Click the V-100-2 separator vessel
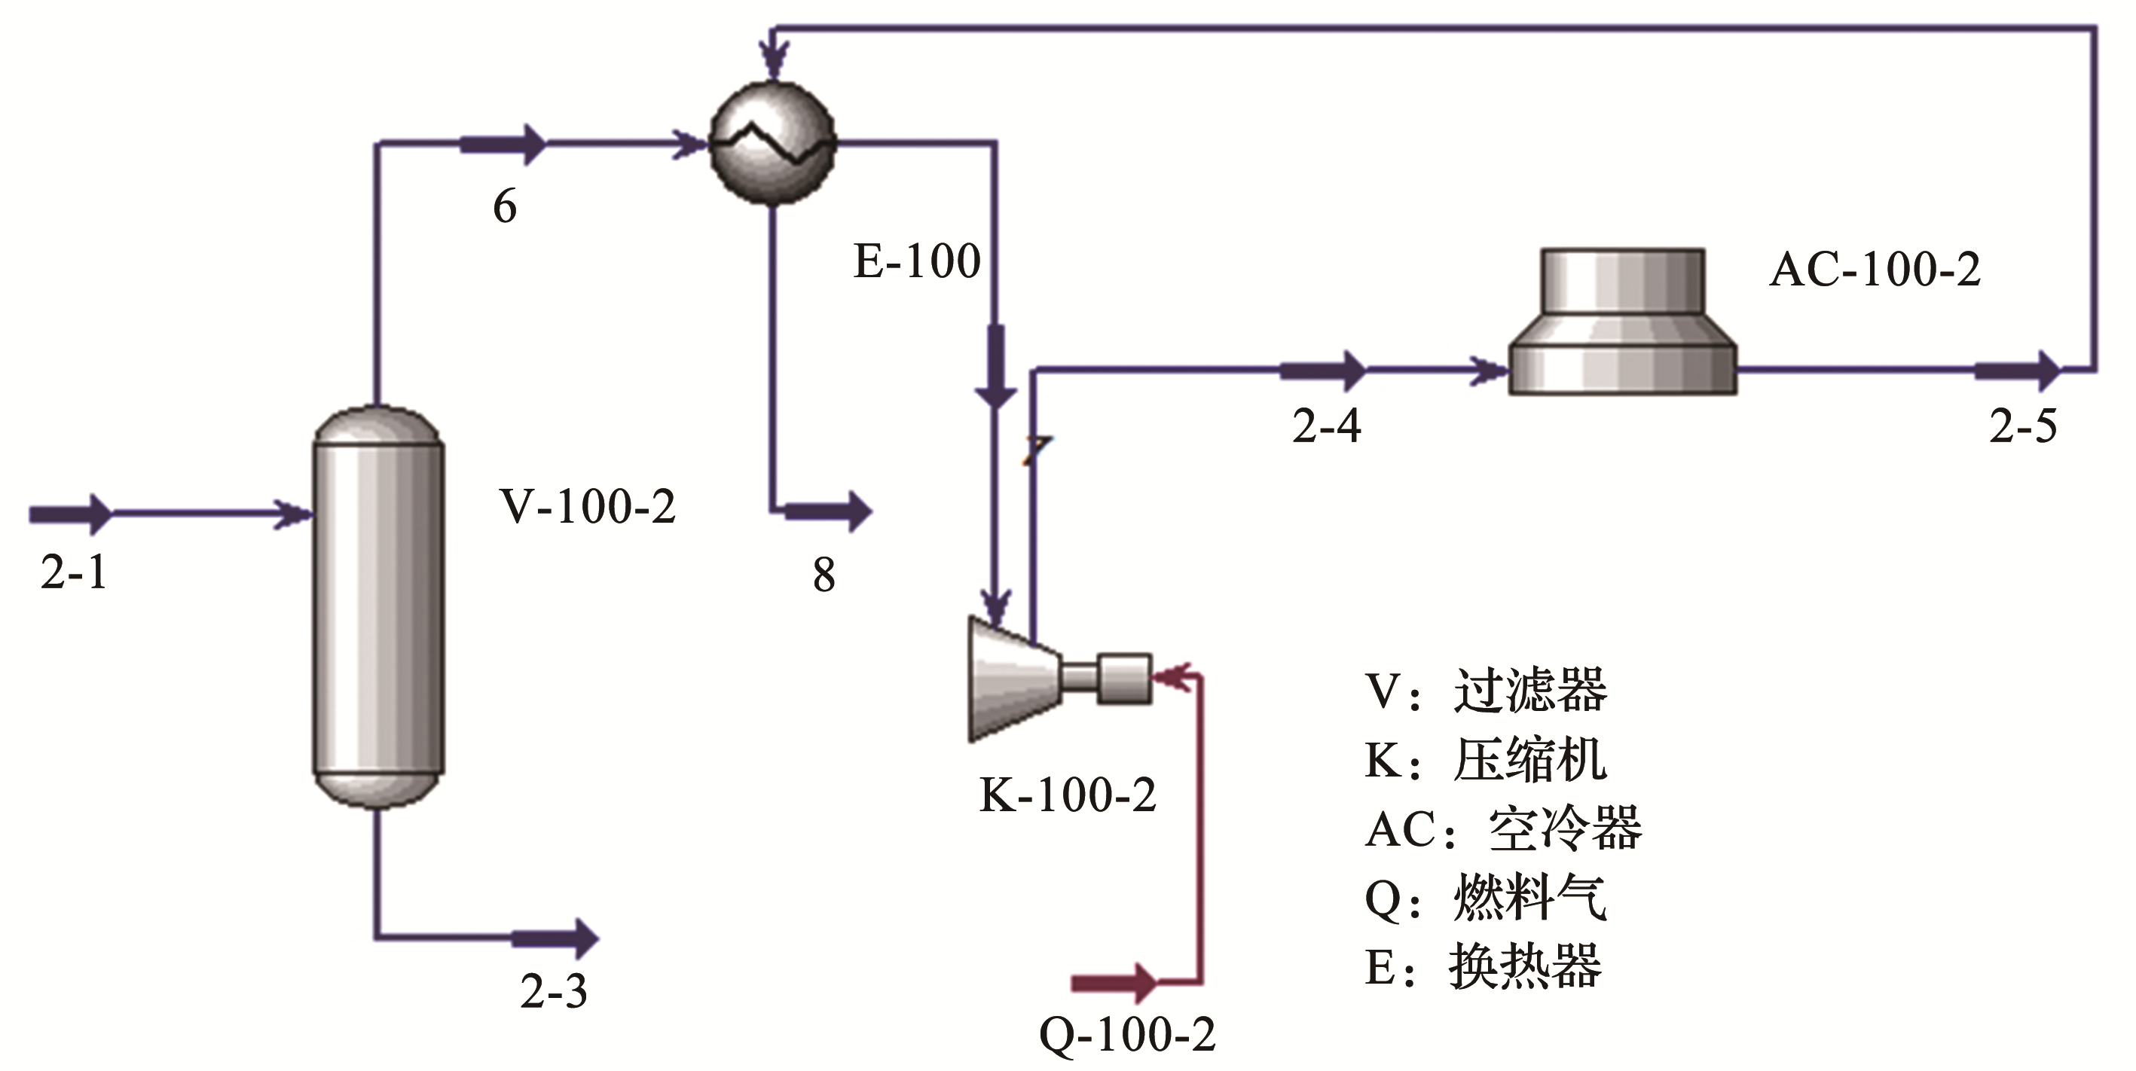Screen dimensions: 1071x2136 [378, 607]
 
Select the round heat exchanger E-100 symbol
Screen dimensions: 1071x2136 [773, 143]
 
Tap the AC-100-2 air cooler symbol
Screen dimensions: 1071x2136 [1622, 323]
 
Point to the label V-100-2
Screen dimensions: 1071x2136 [587, 508]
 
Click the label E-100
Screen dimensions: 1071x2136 [916, 262]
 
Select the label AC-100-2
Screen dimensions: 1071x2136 [1875, 270]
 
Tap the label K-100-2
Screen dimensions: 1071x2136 [1067, 796]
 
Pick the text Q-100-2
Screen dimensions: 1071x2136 [1127, 1036]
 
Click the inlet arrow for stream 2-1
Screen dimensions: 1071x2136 [71, 514]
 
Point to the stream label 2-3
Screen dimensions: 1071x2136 [554, 991]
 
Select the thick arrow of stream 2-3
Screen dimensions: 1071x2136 [555, 938]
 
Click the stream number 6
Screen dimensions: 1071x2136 [505, 206]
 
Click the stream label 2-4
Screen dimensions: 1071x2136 [1327, 427]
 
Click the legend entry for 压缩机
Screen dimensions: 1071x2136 [1486, 759]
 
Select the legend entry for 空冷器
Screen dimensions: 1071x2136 [1502, 828]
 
